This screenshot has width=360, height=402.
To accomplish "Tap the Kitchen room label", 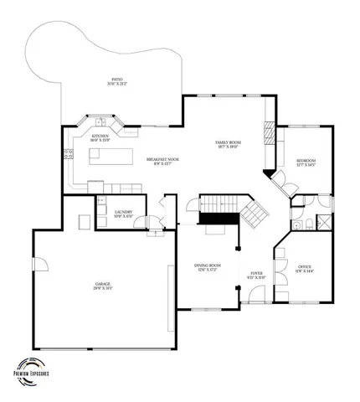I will [x=100, y=137].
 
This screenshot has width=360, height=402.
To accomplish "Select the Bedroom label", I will [x=306, y=162].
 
